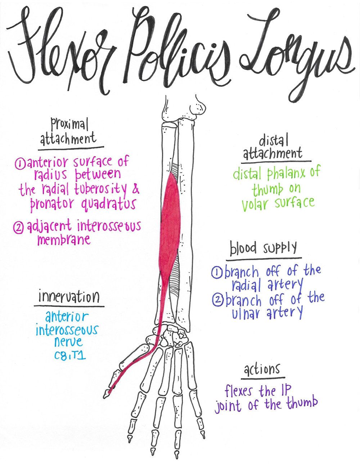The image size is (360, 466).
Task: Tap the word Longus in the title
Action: point(295,58)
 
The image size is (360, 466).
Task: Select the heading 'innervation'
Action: point(69,297)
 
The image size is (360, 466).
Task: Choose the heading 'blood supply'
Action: point(264,248)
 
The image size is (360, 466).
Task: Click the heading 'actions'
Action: point(262,370)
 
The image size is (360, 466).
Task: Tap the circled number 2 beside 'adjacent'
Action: point(18,228)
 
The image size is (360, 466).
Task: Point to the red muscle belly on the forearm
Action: point(171,223)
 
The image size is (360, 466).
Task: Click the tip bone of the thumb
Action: point(107,393)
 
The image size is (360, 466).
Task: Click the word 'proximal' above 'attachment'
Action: point(69,126)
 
